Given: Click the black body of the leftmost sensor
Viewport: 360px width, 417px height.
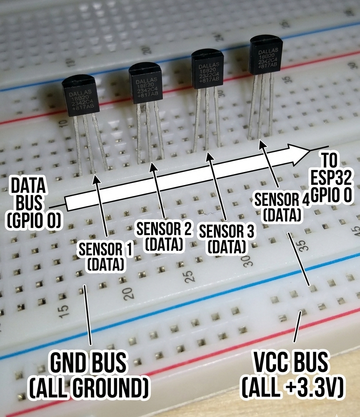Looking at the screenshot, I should [x=80, y=97].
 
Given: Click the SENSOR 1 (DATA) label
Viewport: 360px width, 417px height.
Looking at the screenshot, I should [x=106, y=256].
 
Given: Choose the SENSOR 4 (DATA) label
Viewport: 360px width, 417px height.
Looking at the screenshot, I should [x=282, y=207].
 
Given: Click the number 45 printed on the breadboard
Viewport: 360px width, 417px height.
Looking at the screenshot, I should [x=355, y=230].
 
